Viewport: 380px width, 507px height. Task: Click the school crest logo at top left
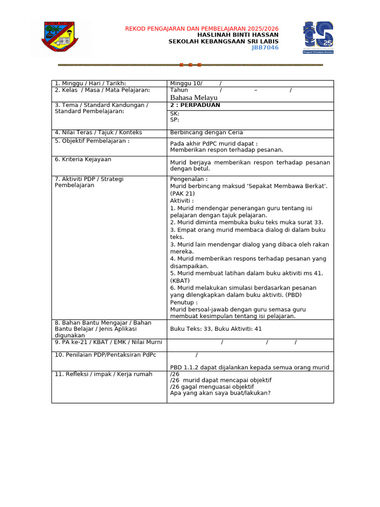click(x=60, y=39)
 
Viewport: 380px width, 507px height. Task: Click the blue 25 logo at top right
click(x=318, y=38)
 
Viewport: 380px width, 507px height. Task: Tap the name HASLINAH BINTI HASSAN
click(x=237, y=35)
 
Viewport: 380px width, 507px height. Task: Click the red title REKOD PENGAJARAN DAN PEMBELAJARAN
click(x=201, y=29)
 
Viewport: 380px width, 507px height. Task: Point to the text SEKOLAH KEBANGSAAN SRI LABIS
click(x=223, y=42)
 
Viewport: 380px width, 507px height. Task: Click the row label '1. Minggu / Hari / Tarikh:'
click(x=90, y=83)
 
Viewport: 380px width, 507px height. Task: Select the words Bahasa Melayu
click(x=193, y=98)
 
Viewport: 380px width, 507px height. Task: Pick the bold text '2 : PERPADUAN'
click(x=195, y=105)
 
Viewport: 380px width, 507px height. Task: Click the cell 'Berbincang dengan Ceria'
click(x=206, y=132)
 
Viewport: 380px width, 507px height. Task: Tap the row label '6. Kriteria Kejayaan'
click(x=83, y=159)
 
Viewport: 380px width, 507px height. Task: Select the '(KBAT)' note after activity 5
click(x=180, y=281)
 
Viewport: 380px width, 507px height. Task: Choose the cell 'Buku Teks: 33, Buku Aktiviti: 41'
click(x=216, y=329)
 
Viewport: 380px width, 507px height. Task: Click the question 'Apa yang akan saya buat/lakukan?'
click(x=220, y=393)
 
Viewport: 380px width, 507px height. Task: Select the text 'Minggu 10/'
click(x=186, y=83)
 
